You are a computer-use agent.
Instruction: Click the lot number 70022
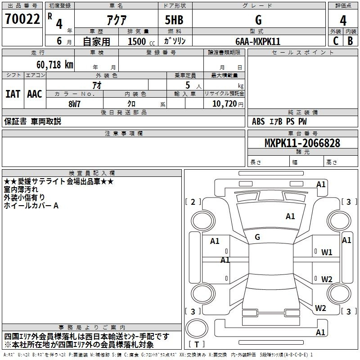pos(22,19)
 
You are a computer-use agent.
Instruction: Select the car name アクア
pos(117,20)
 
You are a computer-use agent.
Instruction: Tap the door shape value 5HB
pos(174,20)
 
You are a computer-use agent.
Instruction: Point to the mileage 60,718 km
pos(55,64)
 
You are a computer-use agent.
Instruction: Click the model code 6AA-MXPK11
pos(258,41)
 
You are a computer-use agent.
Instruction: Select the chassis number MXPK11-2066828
pos(302,143)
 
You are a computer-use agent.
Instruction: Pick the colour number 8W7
pos(74,104)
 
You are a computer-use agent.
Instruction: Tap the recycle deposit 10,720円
pos(228,104)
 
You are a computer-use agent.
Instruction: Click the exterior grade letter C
pos(336,41)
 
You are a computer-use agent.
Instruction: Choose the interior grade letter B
pos(351,41)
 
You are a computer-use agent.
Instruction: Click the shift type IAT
pos(13,94)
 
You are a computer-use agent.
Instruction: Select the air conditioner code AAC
pos(35,94)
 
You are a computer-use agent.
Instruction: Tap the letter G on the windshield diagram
pos(257,237)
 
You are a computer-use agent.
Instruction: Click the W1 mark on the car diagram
pos(327,252)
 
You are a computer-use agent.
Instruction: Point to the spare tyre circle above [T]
pos(197,328)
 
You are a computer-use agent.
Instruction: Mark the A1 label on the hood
pos(290,216)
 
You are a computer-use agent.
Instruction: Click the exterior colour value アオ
pos(97,85)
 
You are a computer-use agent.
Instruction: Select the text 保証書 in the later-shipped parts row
pos(15,121)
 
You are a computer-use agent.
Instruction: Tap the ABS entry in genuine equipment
pos(258,121)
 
